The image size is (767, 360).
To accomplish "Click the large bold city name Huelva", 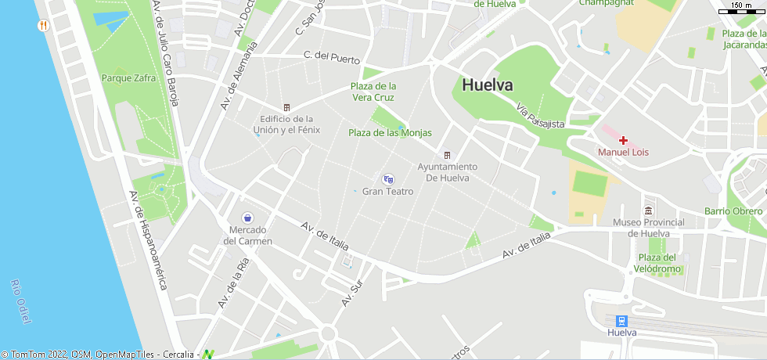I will click(x=487, y=85).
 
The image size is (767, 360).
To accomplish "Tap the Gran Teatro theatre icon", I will click(x=388, y=179).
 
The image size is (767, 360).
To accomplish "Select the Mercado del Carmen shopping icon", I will click(x=247, y=218).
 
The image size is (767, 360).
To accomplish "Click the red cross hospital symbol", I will click(x=623, y=140).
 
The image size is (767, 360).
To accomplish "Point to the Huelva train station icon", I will click(x=621, y=321).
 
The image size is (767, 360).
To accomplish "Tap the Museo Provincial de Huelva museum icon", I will click(x=648, y=211).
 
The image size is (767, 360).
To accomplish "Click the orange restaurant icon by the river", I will click(x=44, y=25).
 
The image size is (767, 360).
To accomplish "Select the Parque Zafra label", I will click(x=128, y=78).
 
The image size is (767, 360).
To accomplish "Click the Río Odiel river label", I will click(x=21, y=298).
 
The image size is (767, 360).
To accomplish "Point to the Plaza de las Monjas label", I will click(x=390, y=133).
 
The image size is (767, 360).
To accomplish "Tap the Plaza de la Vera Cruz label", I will click(x=373, y=92).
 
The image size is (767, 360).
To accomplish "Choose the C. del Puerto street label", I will click(x=332, y=57).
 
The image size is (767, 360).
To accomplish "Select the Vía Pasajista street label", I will click(x=540, y=114).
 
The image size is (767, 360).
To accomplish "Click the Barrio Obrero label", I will click(x=733, y=211).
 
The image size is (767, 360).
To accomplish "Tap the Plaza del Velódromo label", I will click(x=656, y=263).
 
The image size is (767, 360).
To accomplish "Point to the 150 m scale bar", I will click(x=741, y=10).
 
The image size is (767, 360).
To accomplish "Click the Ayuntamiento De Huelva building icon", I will click(x=447, y=154).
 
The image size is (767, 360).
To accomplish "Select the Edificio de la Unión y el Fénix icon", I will click(x=286, y=107).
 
